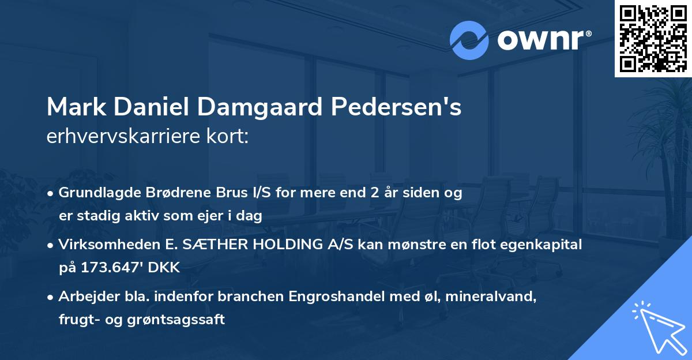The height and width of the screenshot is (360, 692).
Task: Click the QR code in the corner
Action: click(653, 39)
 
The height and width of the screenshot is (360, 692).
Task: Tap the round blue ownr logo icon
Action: click(469, 40)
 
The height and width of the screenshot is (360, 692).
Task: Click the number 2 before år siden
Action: click(373, 193)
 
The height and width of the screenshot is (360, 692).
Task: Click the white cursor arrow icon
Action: click(657, 327)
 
